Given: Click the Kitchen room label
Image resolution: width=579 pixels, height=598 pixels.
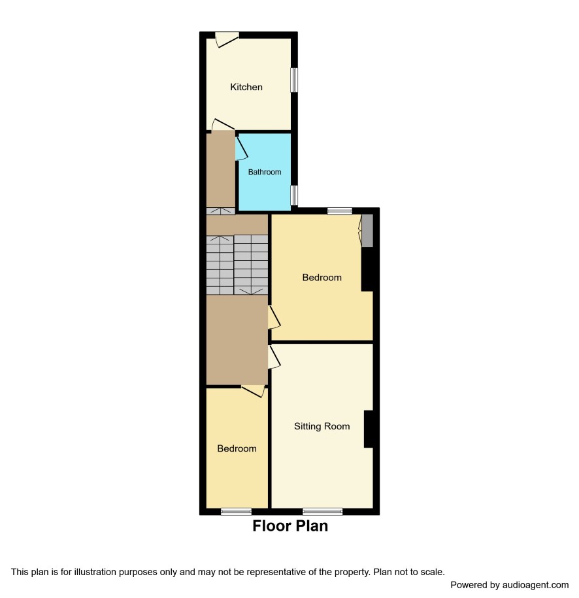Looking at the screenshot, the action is coord(246,87).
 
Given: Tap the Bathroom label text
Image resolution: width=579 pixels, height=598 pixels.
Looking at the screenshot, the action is coord(264,172).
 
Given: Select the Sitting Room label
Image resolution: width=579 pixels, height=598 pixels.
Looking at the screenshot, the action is coord(322,426).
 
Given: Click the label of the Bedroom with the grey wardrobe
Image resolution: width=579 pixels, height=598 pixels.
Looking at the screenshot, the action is coord(322,277).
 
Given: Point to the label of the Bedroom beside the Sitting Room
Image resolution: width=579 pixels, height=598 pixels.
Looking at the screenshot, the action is coord(237,448).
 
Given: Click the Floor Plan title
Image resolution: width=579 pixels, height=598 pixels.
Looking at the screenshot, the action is coord(290,526).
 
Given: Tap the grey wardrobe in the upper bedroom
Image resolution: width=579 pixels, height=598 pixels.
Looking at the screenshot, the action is coord(367,230).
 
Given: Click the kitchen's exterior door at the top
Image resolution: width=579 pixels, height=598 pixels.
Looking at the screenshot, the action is coord(227,39).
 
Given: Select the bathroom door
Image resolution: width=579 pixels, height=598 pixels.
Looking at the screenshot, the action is coord(241,148).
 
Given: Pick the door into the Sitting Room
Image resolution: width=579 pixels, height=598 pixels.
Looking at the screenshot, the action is coord(274,357).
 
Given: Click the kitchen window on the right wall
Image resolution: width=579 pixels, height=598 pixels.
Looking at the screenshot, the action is coord(294,80).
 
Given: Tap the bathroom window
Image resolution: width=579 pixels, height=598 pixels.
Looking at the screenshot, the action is coord(294,195).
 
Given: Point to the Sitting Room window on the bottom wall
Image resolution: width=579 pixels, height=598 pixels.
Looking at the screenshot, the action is coord(323,512).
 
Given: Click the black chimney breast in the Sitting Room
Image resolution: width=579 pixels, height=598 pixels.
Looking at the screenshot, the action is coord(368,429).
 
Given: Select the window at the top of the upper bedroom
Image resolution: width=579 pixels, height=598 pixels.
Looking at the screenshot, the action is coord(340,211).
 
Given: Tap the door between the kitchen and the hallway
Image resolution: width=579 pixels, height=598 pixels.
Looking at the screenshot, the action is coord(223,125).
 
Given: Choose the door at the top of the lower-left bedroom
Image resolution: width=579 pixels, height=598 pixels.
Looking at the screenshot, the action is coord(253,391).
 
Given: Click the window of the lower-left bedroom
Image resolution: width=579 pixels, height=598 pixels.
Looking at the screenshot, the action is coord(236,512).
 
